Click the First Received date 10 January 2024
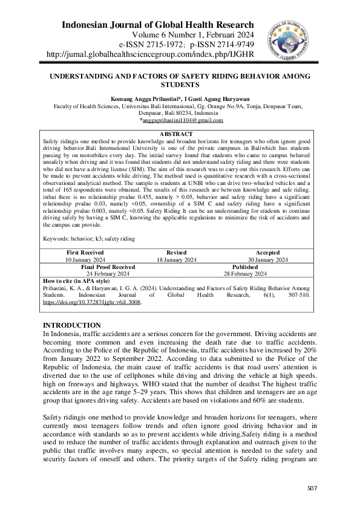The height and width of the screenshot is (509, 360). [85, 259]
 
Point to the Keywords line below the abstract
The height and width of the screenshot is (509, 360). [89, 239]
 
